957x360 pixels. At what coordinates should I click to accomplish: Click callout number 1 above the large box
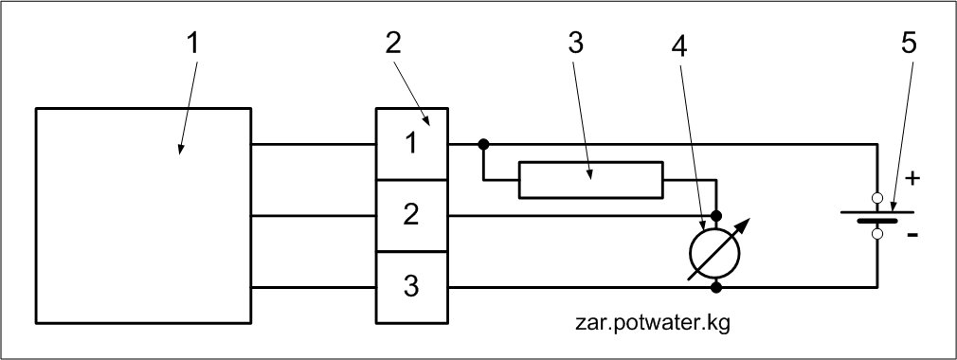pos(193,44)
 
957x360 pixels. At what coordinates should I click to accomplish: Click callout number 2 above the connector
pos(393,44)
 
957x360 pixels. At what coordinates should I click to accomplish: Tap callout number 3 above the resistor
pos(575,44)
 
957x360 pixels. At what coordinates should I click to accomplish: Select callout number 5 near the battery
pos(909,44)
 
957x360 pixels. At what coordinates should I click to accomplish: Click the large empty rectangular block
pos(143,215)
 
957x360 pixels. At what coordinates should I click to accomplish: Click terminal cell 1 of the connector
pos(412,144)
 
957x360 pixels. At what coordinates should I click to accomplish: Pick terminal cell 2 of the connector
pos(412,215)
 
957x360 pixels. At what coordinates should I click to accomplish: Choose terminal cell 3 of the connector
pos(412,287)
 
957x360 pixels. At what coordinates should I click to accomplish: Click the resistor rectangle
pos(591,180)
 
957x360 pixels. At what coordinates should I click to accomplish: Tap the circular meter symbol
pos(714,252)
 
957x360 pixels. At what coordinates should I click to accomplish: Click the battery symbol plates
pos(877,216)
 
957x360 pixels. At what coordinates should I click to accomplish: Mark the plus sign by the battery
pos(912,179)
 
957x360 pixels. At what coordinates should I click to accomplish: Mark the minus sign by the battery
pos(912,235)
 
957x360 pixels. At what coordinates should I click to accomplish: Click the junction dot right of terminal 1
pos(483,144)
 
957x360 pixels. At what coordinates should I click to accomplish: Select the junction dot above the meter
pos(716,216)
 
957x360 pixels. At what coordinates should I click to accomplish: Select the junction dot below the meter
pos(716,287)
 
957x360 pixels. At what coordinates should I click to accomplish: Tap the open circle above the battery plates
pos(877,198)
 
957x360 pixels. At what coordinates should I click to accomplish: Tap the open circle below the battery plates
pos(877,234)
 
